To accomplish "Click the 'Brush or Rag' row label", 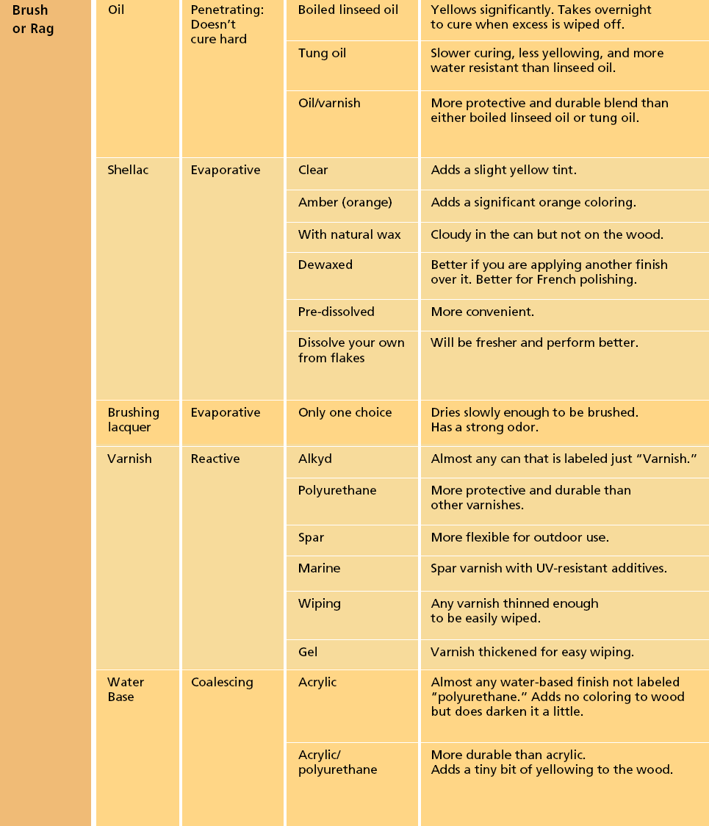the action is tap(33, 20).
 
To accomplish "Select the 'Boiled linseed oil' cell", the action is tap(348, 10).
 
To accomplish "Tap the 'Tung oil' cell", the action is tap(322, 54).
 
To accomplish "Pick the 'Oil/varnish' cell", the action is tap(329, 104).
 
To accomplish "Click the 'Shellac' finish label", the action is tap(128, 170).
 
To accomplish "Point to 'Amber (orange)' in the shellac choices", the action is tap(345, 202).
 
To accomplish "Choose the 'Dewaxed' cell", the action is tap(325, 265).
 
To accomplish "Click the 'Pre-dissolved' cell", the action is tap(336, 312).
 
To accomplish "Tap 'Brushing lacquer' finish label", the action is tap(134, 420).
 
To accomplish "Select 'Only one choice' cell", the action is tap(345, 413).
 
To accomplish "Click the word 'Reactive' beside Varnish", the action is tap(215, 459).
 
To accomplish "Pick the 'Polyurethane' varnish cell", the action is tap(337, 491).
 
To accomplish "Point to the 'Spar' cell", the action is tap(312, 538).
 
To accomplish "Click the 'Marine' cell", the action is tap(319, 569).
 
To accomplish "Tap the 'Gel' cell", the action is tap(308, 652).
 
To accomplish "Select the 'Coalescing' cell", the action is tap(222, 683).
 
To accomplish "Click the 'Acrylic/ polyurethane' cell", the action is tap(338, 762).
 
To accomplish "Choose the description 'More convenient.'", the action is tap(483, 312).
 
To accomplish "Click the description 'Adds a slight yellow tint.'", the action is tap(504, 170).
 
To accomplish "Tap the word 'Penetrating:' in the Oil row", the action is tap(227, 10).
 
